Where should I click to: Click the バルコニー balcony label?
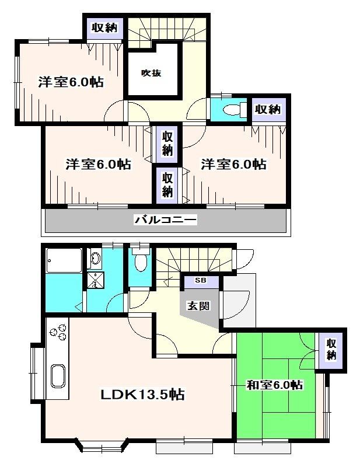(x=165, y=220)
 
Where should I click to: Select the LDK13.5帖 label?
(x=142, y=395)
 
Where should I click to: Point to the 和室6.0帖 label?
(x=274, y=385)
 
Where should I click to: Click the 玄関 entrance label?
(x=198, y=306)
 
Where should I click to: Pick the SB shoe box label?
(x=200, y=281)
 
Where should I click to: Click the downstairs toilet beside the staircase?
(x=140, y=263)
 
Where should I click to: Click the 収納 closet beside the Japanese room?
(x=331, y=349)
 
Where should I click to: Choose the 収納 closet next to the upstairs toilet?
(x=268, y=109)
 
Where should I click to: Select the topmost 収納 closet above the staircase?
(x=104, y=27)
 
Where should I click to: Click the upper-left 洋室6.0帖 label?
(x=71, y=82)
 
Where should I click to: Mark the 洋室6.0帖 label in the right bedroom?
(x=233, y=165)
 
